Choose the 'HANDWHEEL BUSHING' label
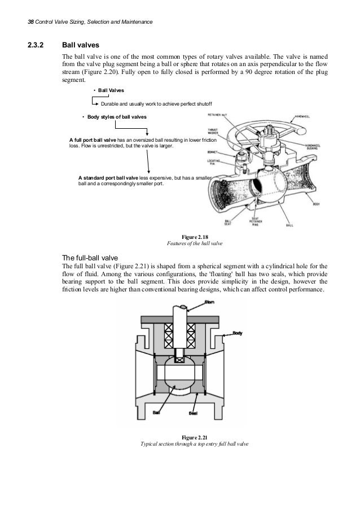pos(311,146)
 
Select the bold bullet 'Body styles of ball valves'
pos(116,117)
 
